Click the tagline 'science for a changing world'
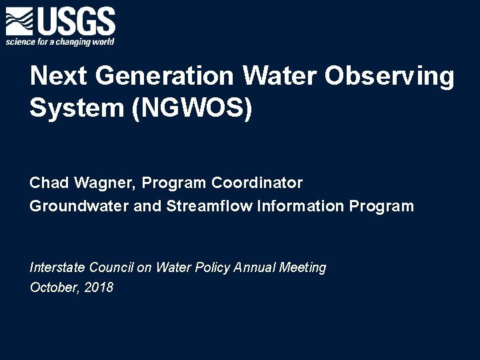coord(60,42)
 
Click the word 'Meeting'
coord(303,268)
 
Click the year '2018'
coord(99,288)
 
